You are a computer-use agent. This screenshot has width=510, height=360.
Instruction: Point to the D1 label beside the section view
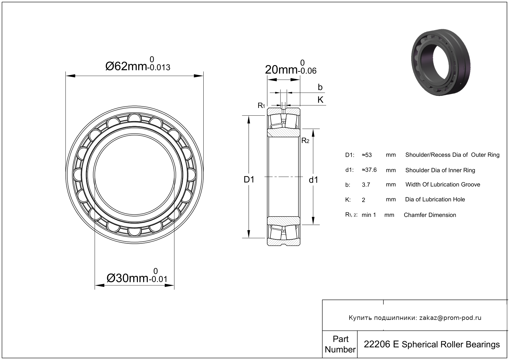(x=249, y=180)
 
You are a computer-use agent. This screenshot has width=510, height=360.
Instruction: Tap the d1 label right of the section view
(x=313, y=180)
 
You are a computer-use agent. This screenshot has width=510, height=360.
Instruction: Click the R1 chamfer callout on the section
(x=261, y=106)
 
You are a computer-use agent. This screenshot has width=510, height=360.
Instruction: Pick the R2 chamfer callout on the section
(x=305, y=140)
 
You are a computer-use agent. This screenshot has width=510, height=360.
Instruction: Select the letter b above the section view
(x=320, y=87)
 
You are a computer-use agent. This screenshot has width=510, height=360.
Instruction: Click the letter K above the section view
(x=320, y=100)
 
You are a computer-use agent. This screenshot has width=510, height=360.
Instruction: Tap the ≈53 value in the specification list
(x=367, y=155)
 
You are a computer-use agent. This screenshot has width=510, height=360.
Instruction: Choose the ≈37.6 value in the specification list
(x=369, y=170)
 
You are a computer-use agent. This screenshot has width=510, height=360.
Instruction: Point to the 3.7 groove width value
(x=366, y=185)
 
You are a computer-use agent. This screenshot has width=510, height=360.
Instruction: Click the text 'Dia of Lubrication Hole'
(x=435, y=200)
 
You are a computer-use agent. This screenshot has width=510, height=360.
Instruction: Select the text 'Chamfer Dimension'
(x=430, y=215)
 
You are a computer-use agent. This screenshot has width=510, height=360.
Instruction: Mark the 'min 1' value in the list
(x=369, y=215)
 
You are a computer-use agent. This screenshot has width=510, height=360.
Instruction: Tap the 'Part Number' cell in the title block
(x=340, y=344)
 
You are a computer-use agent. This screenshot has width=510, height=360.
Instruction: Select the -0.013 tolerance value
(x=159, y=67)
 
